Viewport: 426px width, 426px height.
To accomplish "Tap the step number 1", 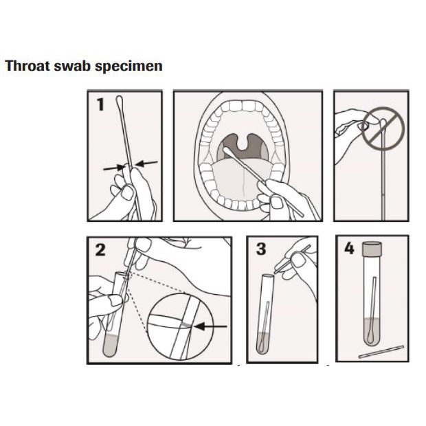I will coord(100,105).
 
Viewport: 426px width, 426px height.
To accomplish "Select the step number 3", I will coord(261,249).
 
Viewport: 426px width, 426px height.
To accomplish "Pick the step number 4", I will coord(348,249).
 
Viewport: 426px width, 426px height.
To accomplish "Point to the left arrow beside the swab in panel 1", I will coord(112,166).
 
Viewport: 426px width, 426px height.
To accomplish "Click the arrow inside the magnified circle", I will coord(215,326).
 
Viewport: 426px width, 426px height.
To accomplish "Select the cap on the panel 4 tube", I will coord(372,249).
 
